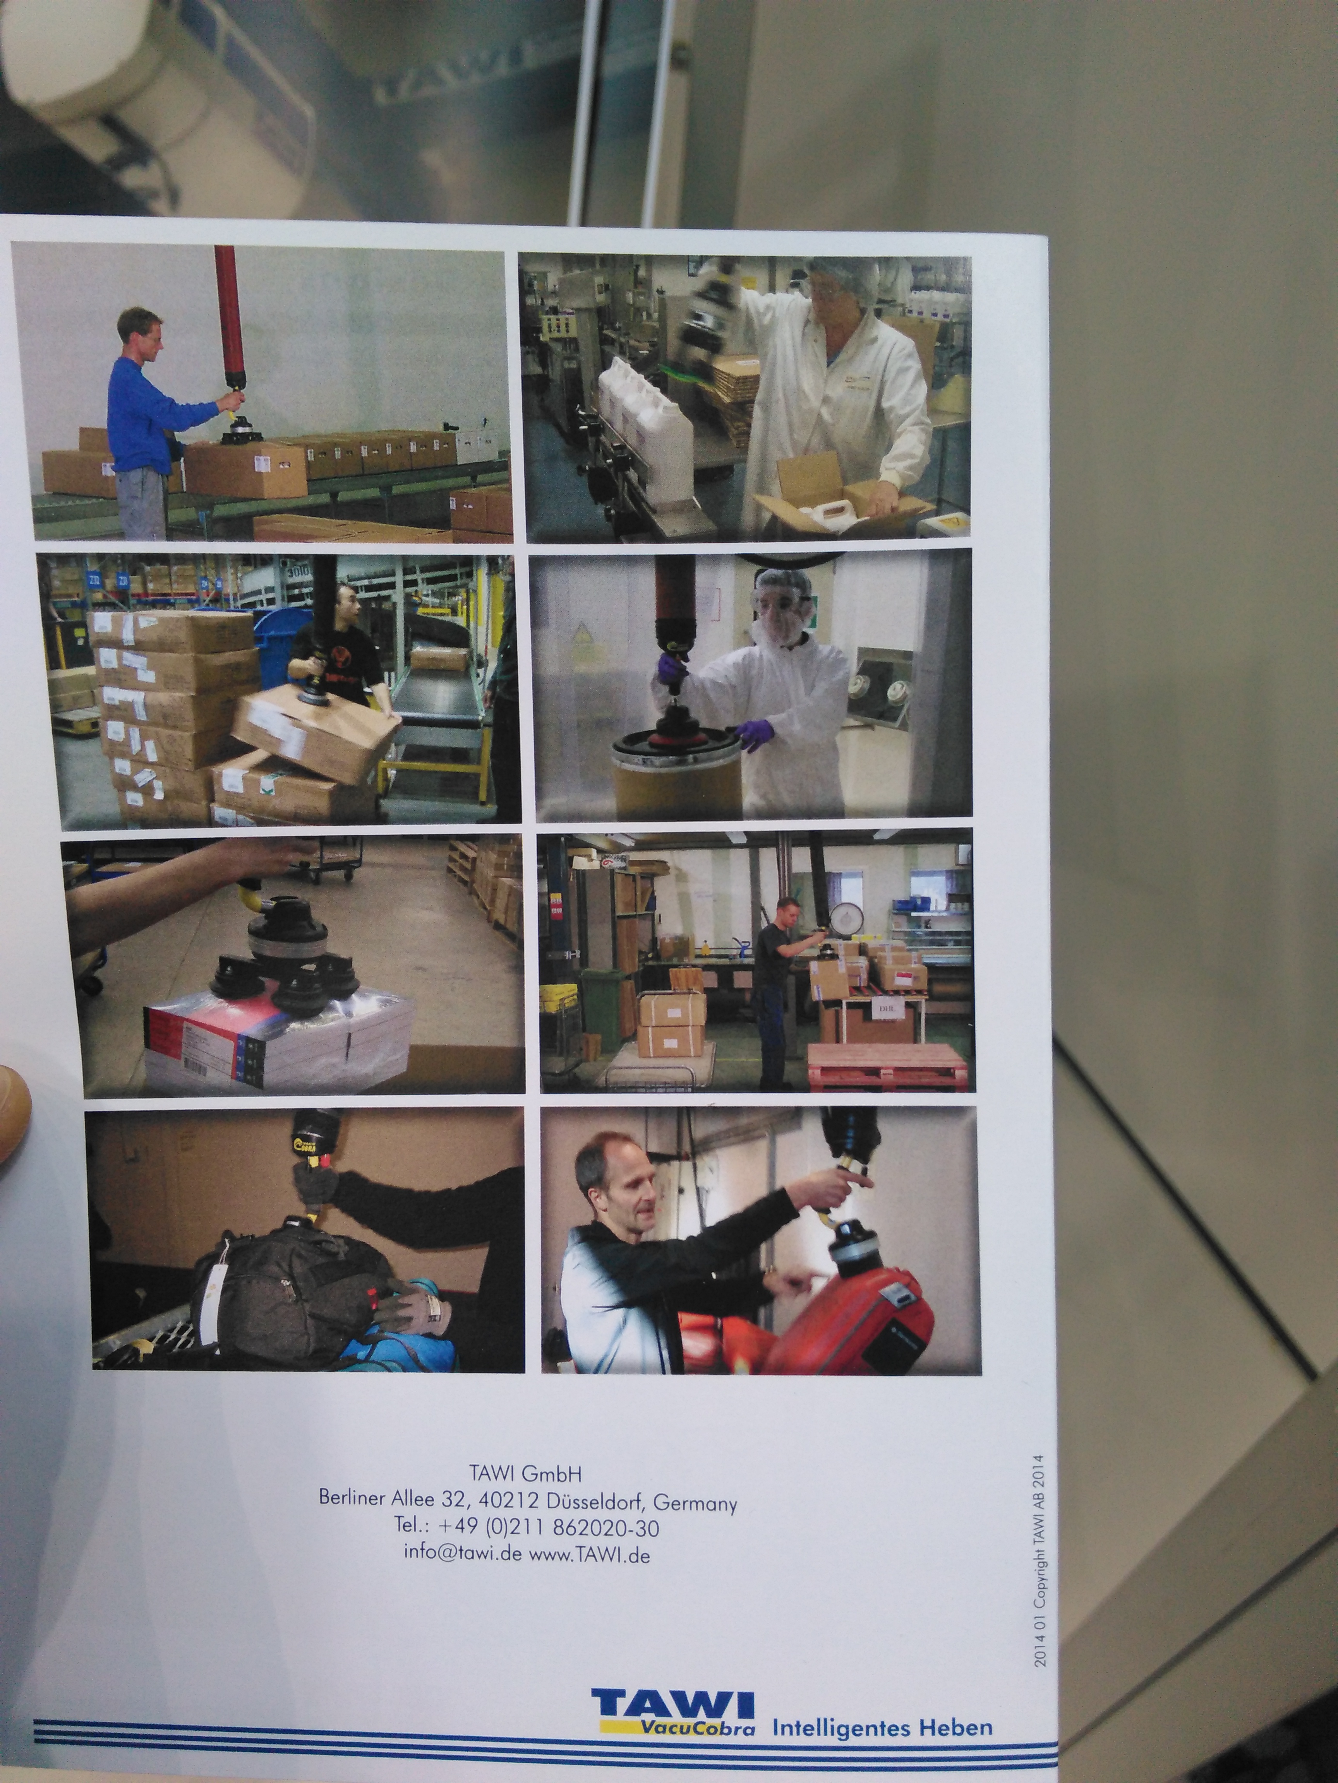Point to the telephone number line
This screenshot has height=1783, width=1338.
point(527,1527)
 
